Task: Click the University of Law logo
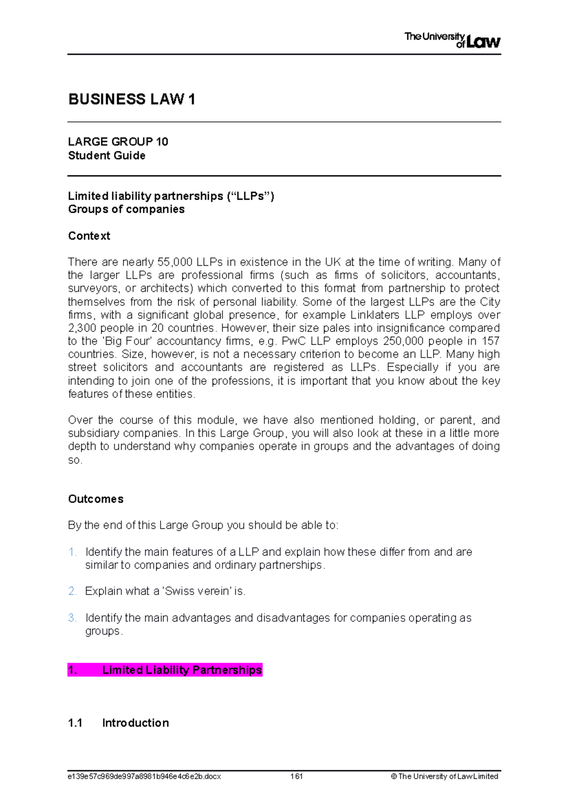pos(452,40)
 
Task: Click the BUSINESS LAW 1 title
pos(132,99)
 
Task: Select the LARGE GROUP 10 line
pos(118,142)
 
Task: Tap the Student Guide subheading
pos(106,156)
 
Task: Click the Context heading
pos(89,236)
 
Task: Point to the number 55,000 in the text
pos(175,262)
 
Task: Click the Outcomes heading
pos(96,499)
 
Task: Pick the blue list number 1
pos(72,552)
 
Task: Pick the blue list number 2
pos(72,591)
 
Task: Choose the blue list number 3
pos(72,618)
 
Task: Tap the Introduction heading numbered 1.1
pos(135,723)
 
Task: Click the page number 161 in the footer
pos(297,777)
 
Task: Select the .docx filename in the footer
pos(144,777)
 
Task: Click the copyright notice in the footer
pos(444,777)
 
